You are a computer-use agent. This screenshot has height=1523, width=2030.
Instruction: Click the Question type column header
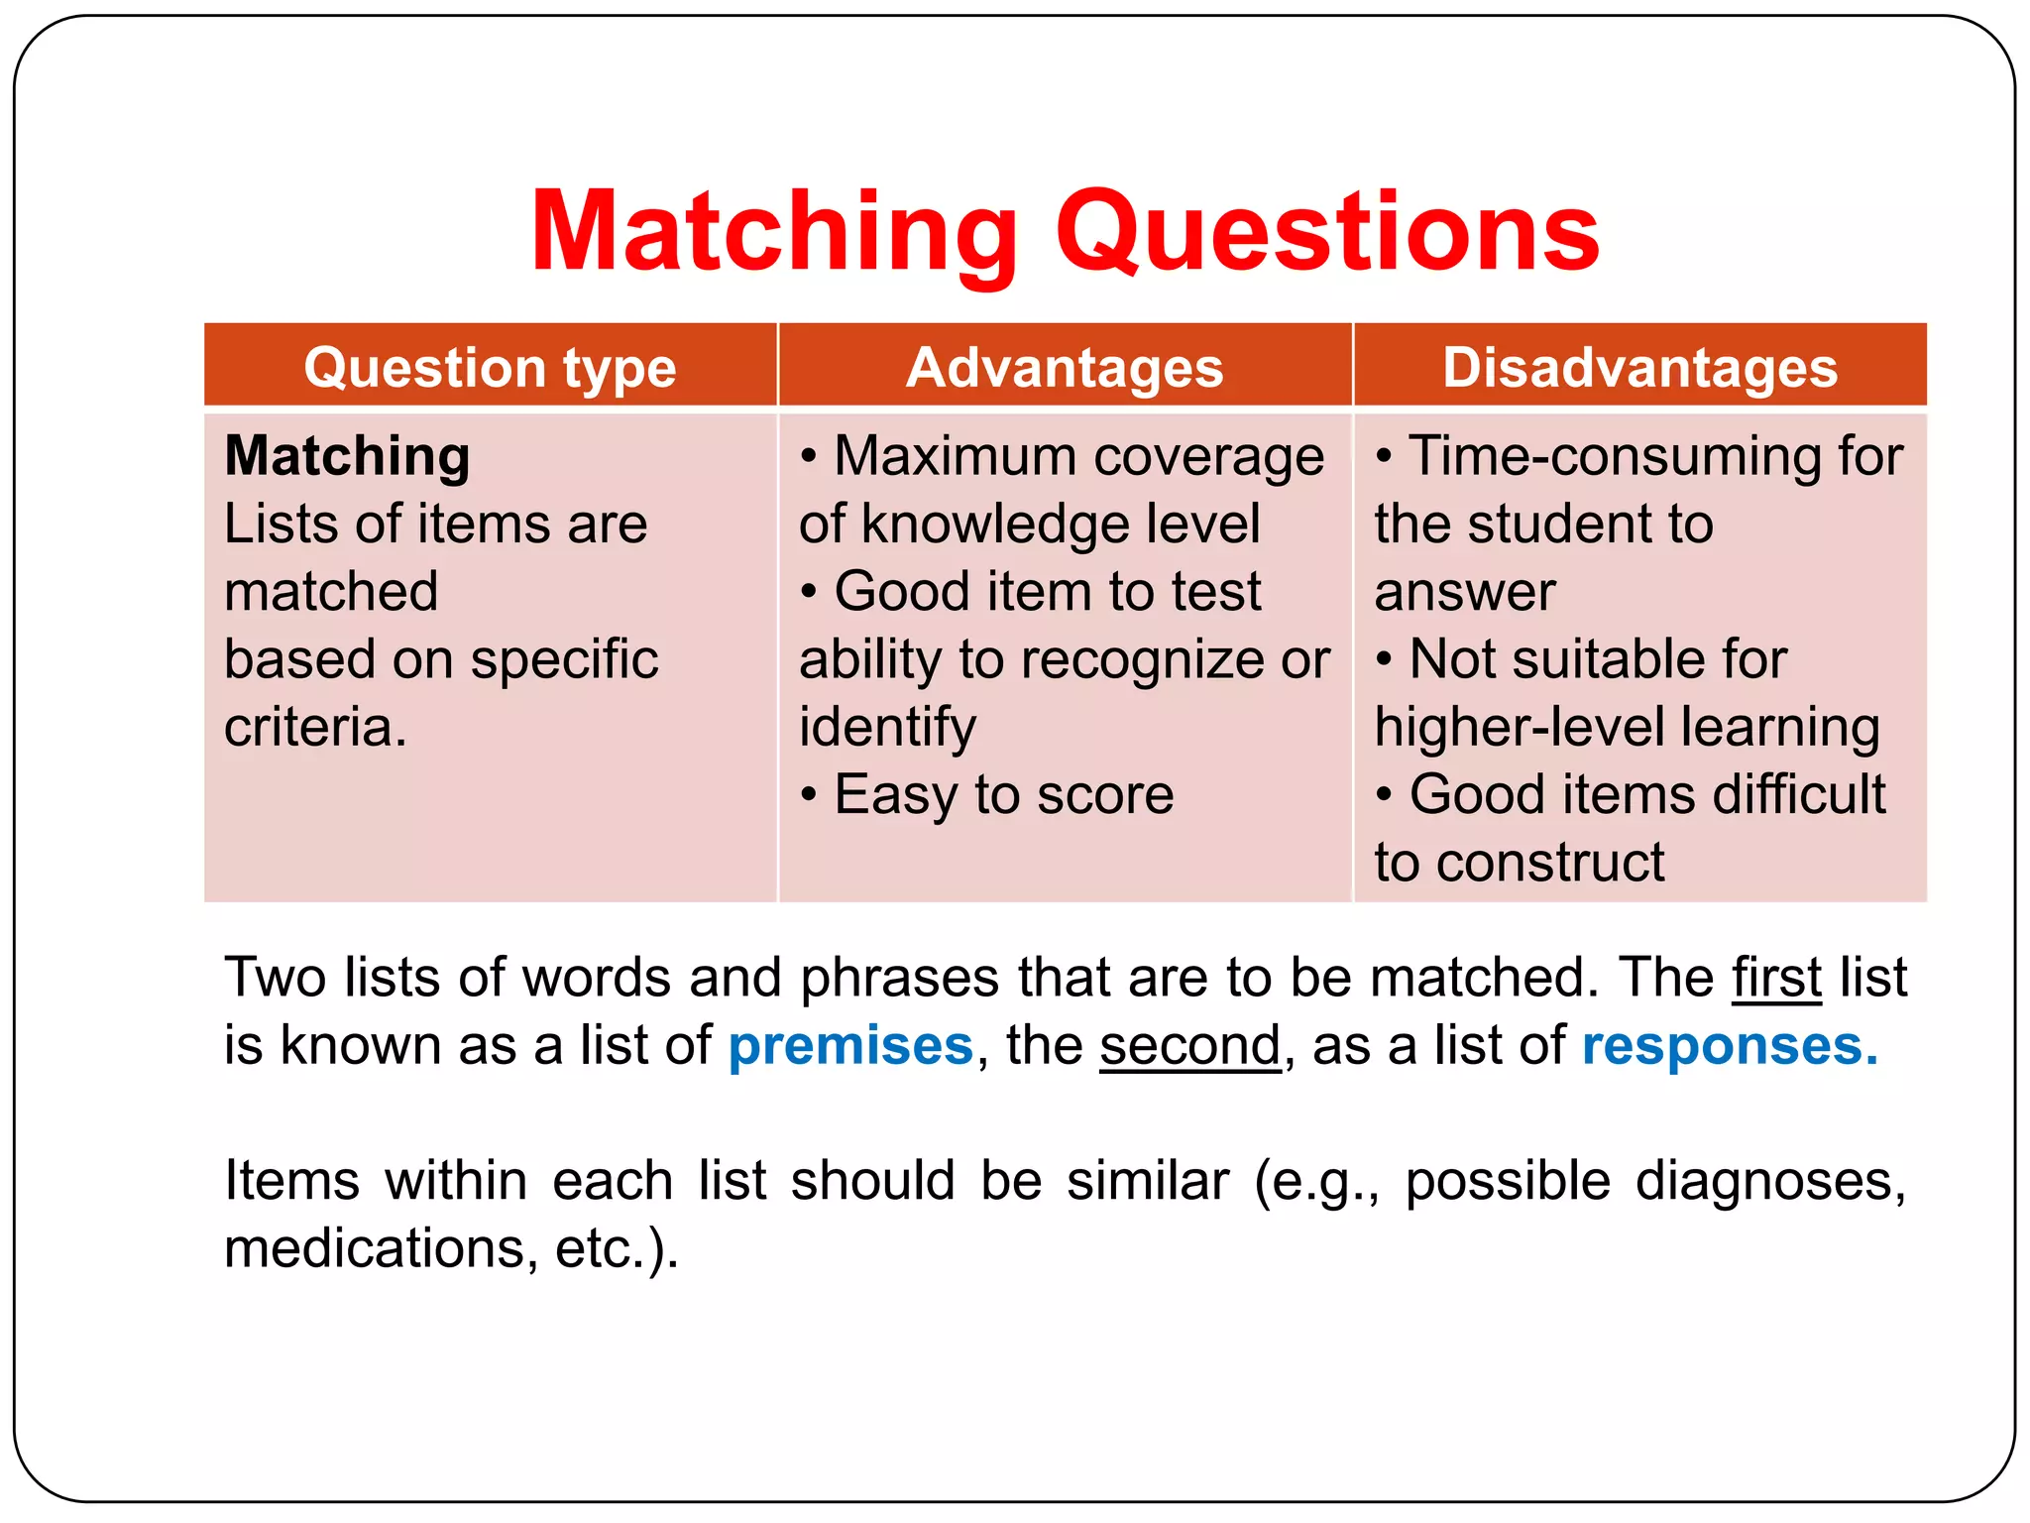tap(490, 368)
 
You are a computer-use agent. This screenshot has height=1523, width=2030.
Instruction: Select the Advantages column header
tap(1065, 368)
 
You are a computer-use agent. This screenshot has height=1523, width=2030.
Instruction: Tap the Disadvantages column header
tap(1639, 368)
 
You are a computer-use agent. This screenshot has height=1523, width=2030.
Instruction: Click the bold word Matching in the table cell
tap(347, 456)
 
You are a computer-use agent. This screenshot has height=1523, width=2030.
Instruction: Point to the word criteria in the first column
tap(315, 727)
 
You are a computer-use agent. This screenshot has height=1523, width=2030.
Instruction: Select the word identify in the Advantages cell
tap(887, 727)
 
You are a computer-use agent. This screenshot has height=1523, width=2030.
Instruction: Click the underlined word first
tap(1776, 978)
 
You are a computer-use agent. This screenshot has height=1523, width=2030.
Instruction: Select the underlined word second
tap(1189, 1046)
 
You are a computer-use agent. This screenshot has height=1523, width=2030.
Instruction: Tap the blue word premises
tap(850, 1046)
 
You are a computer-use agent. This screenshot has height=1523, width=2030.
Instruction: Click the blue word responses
tap(1729, 1046)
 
